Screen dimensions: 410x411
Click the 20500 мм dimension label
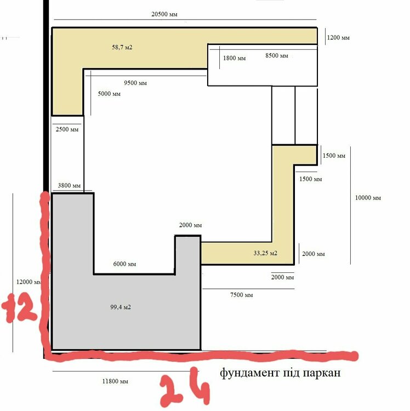click(x=164, y=14)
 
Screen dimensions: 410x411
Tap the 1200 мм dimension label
click(x=338, y=37)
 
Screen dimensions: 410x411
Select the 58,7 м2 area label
click(x=122, y=47)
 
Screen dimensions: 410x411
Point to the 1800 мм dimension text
click(x=235, y=58)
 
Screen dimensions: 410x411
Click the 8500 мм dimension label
click(x=277, y=55)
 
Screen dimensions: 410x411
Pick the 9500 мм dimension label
click(x=135, y=83)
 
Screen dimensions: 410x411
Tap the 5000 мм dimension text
click(x=109, y=94)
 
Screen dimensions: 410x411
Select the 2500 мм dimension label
click(x=67, y=129)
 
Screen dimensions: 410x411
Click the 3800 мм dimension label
click(x=69, y=185)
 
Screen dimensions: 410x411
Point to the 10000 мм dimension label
click(x=368, y=198)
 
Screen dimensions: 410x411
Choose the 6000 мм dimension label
click(x=124, y=264)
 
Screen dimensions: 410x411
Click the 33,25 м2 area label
click(x=265, y=253)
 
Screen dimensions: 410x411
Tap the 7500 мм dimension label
click(x=241, y=295)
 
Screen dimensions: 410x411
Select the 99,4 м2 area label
click(x=121, y=307)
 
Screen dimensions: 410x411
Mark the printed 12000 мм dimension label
click(x=29, y=282)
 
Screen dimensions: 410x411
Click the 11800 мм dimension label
click(x=115, y=381)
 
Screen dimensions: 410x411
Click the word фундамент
click(x=249, y=373)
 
